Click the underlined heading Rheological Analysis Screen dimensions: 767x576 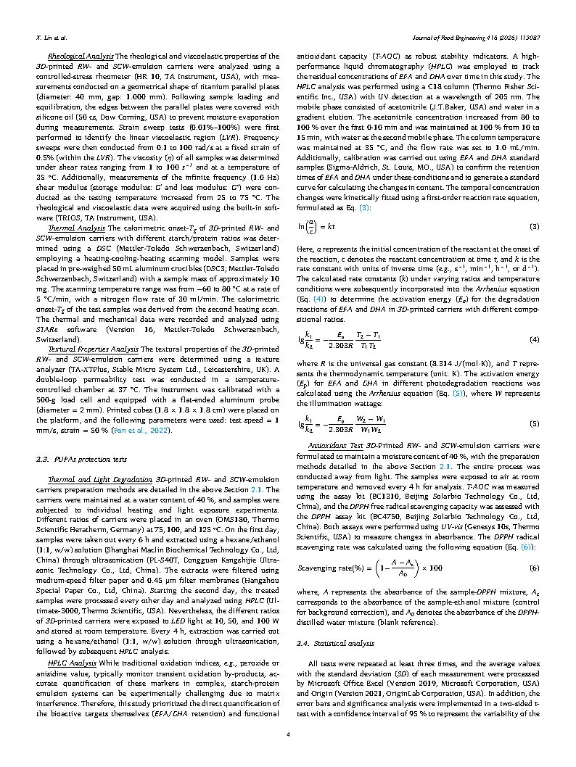click(81, 55)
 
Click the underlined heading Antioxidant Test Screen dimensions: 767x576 click(334, 445)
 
